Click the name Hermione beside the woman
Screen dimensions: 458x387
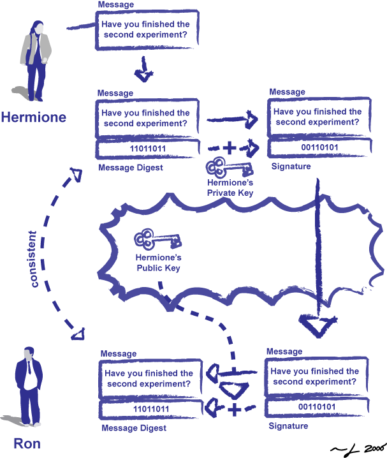click(33, 117)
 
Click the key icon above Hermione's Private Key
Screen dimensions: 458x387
click(226, 170)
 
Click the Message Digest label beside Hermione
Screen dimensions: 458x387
click(131, 168)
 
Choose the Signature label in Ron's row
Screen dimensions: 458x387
click(288, 425)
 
